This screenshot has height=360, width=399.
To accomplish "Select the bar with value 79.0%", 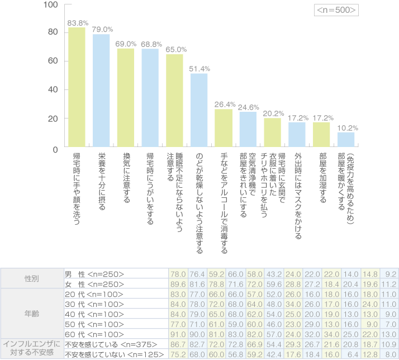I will pos(101,92).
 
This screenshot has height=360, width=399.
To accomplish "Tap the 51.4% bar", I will pos(199,111).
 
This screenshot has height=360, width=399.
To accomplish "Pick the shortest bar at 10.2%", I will pos(346,141).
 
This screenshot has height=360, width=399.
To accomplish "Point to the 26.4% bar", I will pos(224,129).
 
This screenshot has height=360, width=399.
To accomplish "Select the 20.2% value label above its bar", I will pos(273,113).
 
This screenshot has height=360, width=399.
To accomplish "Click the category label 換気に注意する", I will pos(126,182).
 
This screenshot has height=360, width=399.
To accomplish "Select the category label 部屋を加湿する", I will pos(322,177).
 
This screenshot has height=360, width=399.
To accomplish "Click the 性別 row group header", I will pos(31,278).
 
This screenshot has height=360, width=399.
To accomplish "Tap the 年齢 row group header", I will pos(31,314).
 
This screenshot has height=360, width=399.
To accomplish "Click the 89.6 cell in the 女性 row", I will pos(178,283).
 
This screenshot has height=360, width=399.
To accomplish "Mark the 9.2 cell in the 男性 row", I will pos(391,273).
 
